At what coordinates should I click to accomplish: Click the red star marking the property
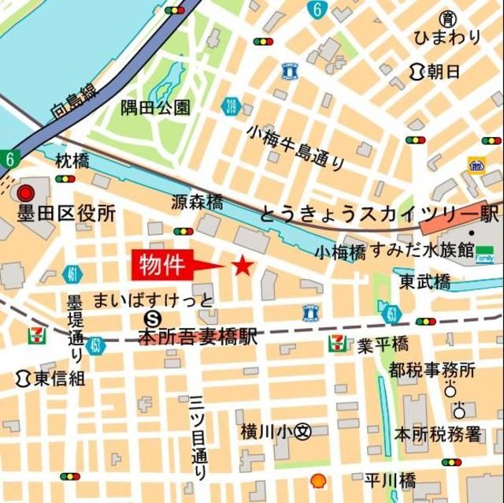[243, 266]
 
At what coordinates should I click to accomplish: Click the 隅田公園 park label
[155, 107]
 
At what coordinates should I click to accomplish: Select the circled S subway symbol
[154, 317]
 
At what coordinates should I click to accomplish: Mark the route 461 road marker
[72, 274]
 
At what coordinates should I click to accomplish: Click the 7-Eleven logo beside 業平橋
[337, 343]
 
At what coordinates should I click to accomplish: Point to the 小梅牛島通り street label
[295, 147]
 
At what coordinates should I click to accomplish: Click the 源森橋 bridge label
[197, 202]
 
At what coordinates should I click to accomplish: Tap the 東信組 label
[50, 378]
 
